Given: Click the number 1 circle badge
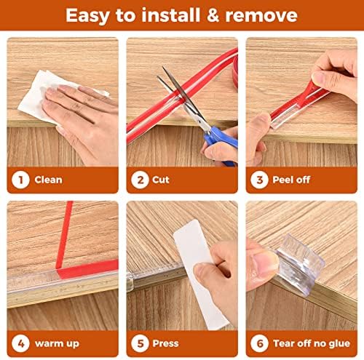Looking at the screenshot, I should [20, 179].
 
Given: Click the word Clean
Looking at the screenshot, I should [49, 180].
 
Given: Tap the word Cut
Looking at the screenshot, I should [162, 180].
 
